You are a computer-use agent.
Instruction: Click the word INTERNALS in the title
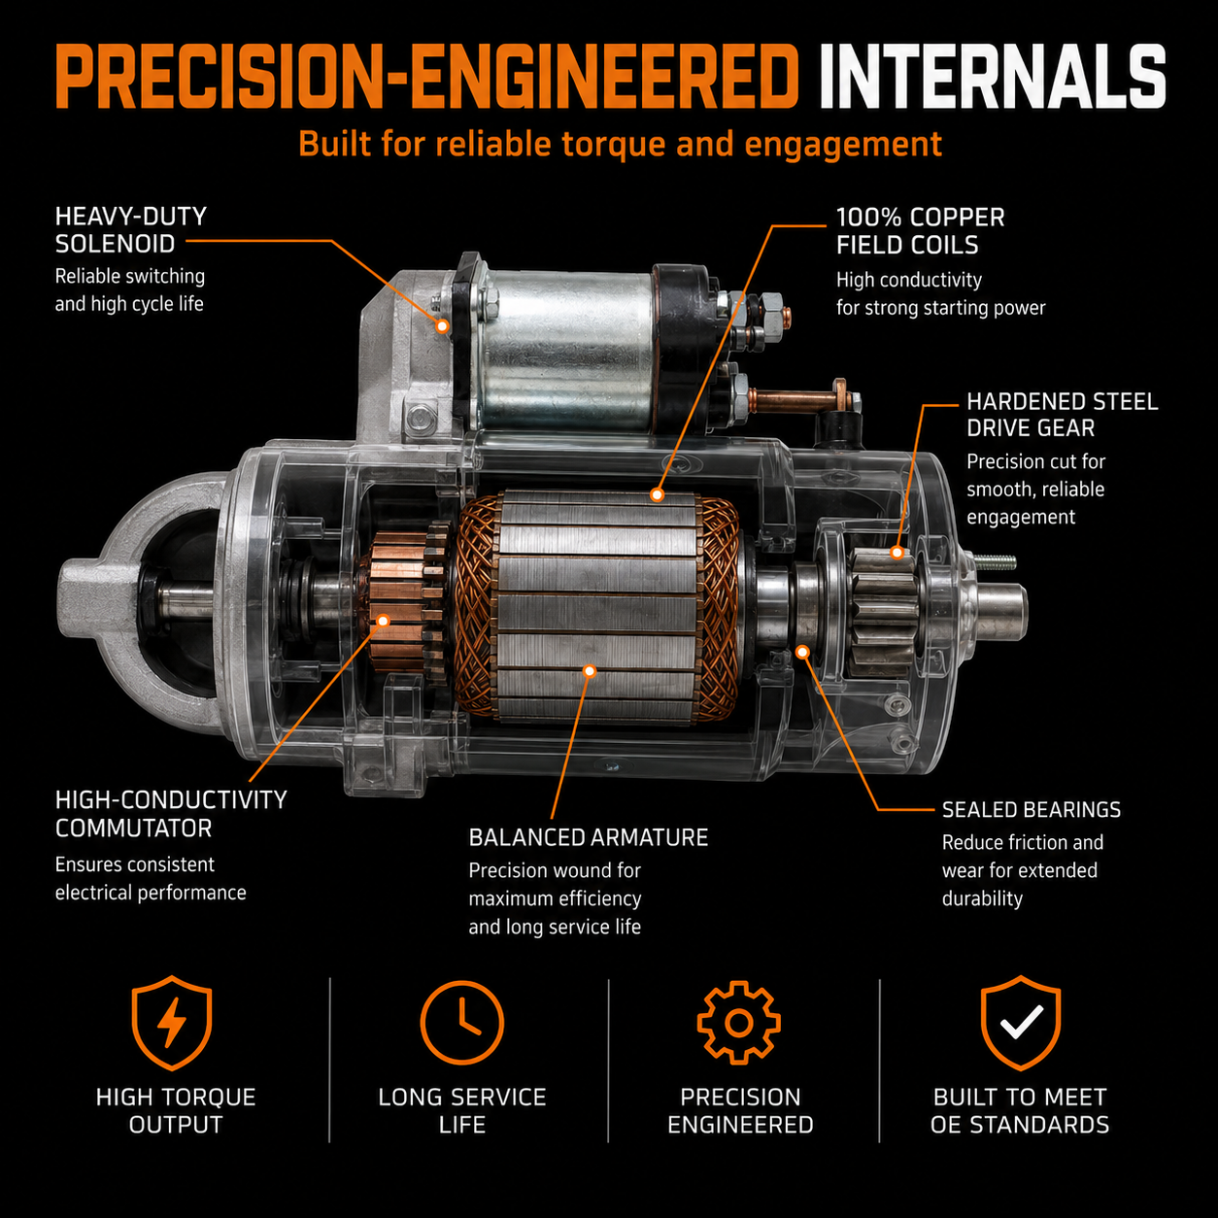[x=993, y=78]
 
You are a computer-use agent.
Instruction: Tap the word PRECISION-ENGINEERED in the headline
[x=427, y=78]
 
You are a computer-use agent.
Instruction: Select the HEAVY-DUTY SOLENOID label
[x=131, y=230]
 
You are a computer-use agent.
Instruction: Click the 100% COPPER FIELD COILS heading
[x=920, y=231]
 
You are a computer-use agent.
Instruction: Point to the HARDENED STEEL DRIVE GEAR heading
[x=1062, y=415]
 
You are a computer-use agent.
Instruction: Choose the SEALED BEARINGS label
[x=1031, y=810]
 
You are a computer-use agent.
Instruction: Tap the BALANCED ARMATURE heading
[x=588, y=837]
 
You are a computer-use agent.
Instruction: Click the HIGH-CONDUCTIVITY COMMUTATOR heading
[x=171, y=814]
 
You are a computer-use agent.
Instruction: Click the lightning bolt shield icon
[x=171, y=1022]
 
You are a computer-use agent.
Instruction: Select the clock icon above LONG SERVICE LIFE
[x=462, y=1022]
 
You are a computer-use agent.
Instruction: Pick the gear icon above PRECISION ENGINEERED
[x=739, y=1022]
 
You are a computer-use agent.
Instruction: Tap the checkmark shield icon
[x=1020, y=1022]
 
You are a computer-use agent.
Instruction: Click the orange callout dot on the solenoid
[x=443, y=326]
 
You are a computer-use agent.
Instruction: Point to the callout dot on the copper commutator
[x=383, y=621]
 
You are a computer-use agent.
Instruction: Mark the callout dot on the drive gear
[x=897, y=553]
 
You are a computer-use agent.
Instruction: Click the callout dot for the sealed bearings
[x=802, y=651]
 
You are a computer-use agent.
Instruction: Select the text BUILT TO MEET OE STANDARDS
[x=1020, y=1111]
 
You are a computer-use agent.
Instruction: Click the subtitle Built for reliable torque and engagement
[x=620, y=144]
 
